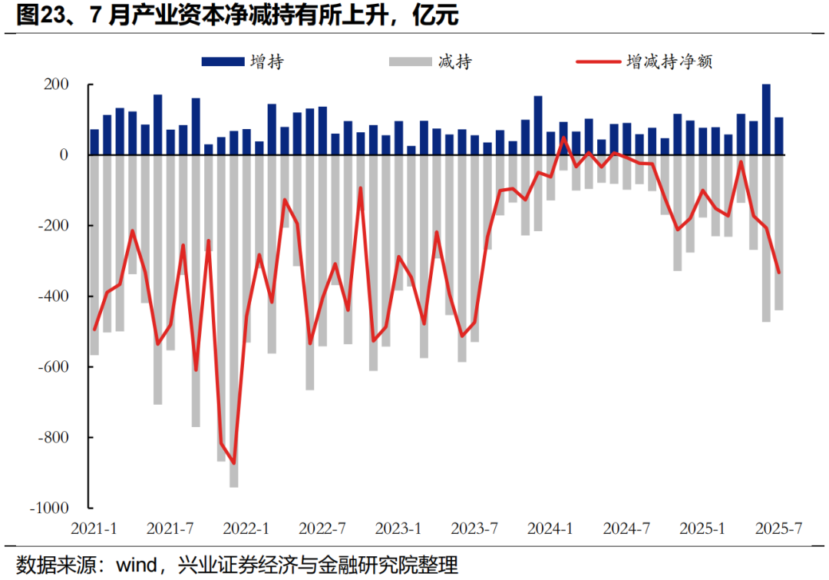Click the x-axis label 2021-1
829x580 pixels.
pyautogui.click(x=94, y=529)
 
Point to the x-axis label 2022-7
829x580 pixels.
pyautogui.click(x=323, y=529)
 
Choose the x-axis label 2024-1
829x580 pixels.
pyautogui.click(x=550, y=529)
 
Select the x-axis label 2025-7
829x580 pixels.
pyautogui.click(x=778, y=529)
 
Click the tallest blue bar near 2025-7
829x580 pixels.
pyautogui.click(x=766, y=119)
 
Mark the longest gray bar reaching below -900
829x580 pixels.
pyautogui.click(x=233, y=323)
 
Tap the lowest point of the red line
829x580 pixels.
pyautogui.click(x=233, y=463)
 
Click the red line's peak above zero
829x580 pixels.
pyautogui.click(x=563, y=138)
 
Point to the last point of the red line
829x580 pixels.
pyautogui.click(x=778, y=272)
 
